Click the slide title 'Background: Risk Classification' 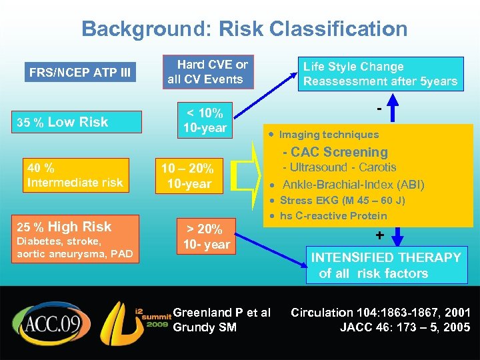(244, 29)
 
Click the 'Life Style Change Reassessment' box (380, 74)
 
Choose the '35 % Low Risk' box (77, 122)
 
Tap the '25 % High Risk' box (76, 239)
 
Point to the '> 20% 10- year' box (207, 237)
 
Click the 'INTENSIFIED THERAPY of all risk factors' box (387, 265)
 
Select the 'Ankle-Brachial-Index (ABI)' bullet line (353, 185)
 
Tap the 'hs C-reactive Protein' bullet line (333, 215)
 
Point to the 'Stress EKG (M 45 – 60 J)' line (343, 200)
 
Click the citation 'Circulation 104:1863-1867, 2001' (381, 312)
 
